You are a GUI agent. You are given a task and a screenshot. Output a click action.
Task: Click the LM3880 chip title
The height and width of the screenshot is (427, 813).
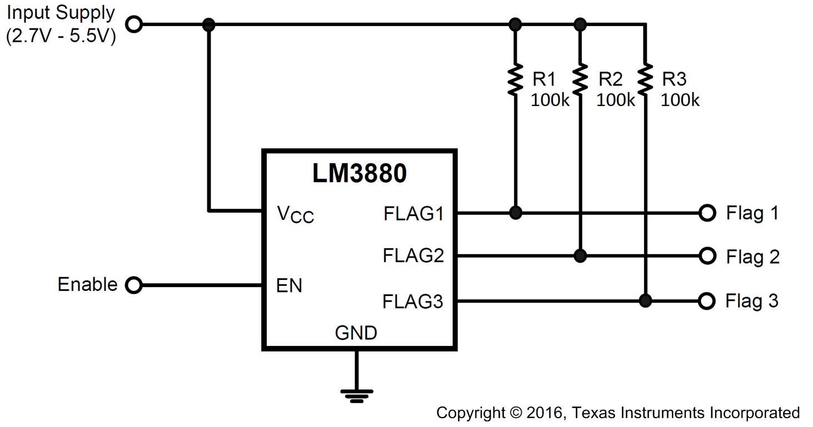(359, 174)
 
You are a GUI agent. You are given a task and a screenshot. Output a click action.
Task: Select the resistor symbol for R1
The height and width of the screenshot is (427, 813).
(516, 79)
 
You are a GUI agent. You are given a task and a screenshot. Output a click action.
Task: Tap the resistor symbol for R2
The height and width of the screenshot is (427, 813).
(580, 79)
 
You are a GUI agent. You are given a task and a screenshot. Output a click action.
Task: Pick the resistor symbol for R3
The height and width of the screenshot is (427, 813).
(645, 79)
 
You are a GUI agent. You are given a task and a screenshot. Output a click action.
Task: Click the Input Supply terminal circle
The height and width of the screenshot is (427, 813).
(134, 24)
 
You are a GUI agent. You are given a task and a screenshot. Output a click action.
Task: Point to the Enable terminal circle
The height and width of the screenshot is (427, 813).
(134, 285)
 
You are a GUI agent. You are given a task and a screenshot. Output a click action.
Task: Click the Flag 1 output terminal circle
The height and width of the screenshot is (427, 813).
(707, 213)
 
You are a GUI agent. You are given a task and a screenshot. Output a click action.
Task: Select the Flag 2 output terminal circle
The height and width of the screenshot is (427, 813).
(707, 256)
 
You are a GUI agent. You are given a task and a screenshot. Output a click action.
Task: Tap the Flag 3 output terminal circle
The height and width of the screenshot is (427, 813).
(706, 301)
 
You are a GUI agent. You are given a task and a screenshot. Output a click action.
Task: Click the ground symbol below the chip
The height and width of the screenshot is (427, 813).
(356, 395)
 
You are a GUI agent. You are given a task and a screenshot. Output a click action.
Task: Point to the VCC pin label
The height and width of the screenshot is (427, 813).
(295, 214)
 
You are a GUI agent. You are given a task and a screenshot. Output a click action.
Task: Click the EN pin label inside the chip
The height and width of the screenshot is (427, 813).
(289, 286)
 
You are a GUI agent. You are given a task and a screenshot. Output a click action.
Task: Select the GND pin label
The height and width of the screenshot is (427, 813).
(356, 333)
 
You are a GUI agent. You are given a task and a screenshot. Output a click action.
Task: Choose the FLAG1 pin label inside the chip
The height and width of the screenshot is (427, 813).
(413, 213)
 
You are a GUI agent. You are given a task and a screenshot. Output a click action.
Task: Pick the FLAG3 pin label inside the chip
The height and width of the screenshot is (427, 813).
(413, 302)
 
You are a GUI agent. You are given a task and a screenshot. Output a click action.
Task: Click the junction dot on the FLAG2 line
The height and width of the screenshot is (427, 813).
(580, 256)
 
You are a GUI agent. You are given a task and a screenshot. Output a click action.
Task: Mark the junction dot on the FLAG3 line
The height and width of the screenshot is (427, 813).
(645, 301)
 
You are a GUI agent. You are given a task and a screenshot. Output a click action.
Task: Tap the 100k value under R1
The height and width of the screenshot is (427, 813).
(550, 100)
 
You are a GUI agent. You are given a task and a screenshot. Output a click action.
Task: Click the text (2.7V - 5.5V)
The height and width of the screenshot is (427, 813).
(61, 37)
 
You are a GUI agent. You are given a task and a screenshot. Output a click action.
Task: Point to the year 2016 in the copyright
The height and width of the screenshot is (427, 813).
(545, 413)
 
